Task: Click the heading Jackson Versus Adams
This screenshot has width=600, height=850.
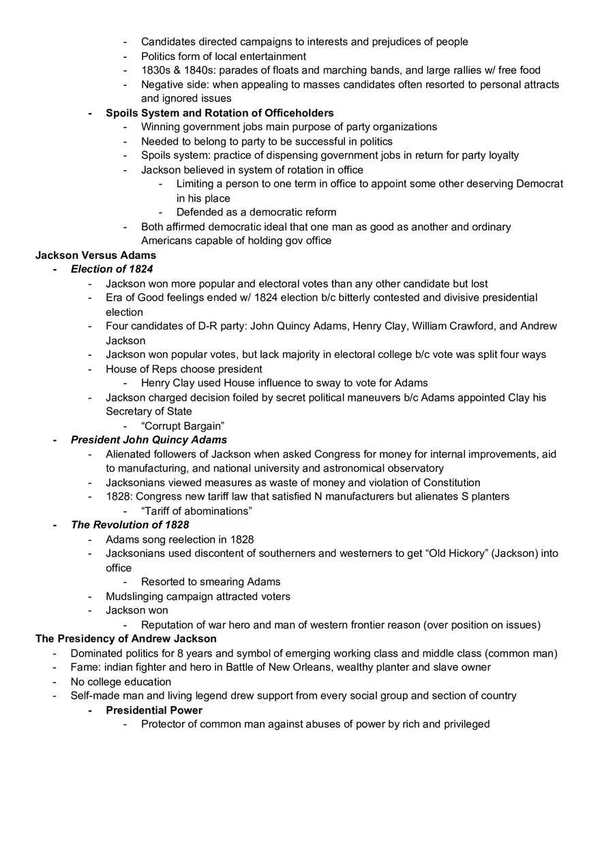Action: (95, 255)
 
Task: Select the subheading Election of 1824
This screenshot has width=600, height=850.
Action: (112, 269)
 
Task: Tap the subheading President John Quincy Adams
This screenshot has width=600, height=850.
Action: (149, 440)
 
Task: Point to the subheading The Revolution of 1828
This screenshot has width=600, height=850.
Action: (130, 525)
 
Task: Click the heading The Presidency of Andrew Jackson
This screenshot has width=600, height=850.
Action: (126, 639)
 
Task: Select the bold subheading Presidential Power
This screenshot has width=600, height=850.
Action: (154, 710)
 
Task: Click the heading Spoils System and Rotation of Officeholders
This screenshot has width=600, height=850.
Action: (220, 112)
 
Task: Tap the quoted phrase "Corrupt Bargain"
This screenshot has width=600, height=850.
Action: (183, 426)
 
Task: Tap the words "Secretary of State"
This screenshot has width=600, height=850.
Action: (149, 412)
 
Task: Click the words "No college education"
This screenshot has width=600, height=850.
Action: (121, 682)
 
